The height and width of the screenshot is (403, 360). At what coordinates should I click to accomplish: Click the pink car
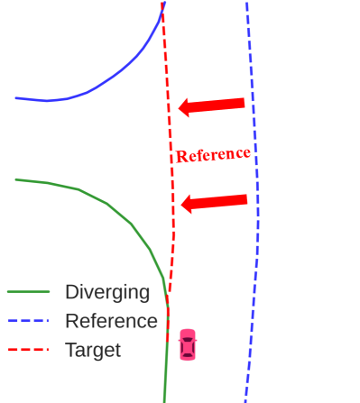(x=187, y=344)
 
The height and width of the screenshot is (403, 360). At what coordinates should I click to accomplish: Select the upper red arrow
(x=212, y=105)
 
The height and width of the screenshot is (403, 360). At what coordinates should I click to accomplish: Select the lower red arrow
(x=215, y=202)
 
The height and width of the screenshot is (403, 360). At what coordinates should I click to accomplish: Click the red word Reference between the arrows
(x=213, y=154)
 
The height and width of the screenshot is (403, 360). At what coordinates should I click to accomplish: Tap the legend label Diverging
(x=106, y=292)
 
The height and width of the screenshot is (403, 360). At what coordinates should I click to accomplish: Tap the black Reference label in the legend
(x=111, y=321)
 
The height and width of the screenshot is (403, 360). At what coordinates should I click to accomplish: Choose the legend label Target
(x=92, y=350)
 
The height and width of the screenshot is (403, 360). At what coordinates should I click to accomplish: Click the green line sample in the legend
(x=28, y=292)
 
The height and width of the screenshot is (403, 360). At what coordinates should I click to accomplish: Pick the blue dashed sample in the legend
(x=28, y=321)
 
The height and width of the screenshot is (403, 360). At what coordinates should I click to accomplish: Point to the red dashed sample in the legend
(x=28, y=350)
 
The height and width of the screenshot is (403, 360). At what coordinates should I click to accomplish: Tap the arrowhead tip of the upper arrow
(x=180, y=108)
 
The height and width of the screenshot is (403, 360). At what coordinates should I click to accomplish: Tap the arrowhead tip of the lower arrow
(x=182, y=205)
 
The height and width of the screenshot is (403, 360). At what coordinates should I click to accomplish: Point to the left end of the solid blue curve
(x=16, y=97)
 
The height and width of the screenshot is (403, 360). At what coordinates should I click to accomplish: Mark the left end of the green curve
(x=16, y=179)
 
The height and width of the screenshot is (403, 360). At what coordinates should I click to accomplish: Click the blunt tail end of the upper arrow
(x=244, y=103)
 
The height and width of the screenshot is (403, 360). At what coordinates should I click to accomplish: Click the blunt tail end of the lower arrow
(x=246, y=199)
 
